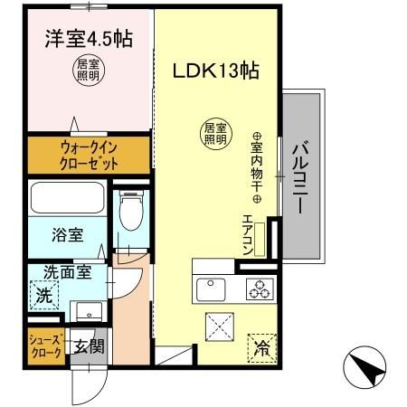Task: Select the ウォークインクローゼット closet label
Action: (x=89, y=154)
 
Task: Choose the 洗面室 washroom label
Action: (x=67, y=270)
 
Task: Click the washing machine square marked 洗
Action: (x=43, y=294)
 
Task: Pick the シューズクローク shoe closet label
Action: (x=45, y=346)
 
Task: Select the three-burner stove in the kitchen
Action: (x=262, y=289)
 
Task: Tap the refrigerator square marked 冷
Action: (x=261, y=345)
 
